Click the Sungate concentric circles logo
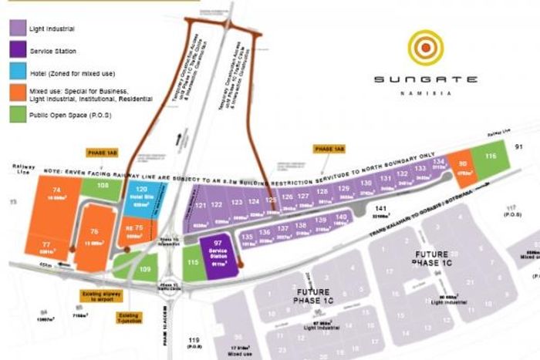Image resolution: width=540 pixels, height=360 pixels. (x=425, y=48)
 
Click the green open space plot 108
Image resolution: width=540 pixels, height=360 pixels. (x=103, y=186)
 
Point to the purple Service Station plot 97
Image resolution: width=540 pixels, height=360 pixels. (x=217, y=252)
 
